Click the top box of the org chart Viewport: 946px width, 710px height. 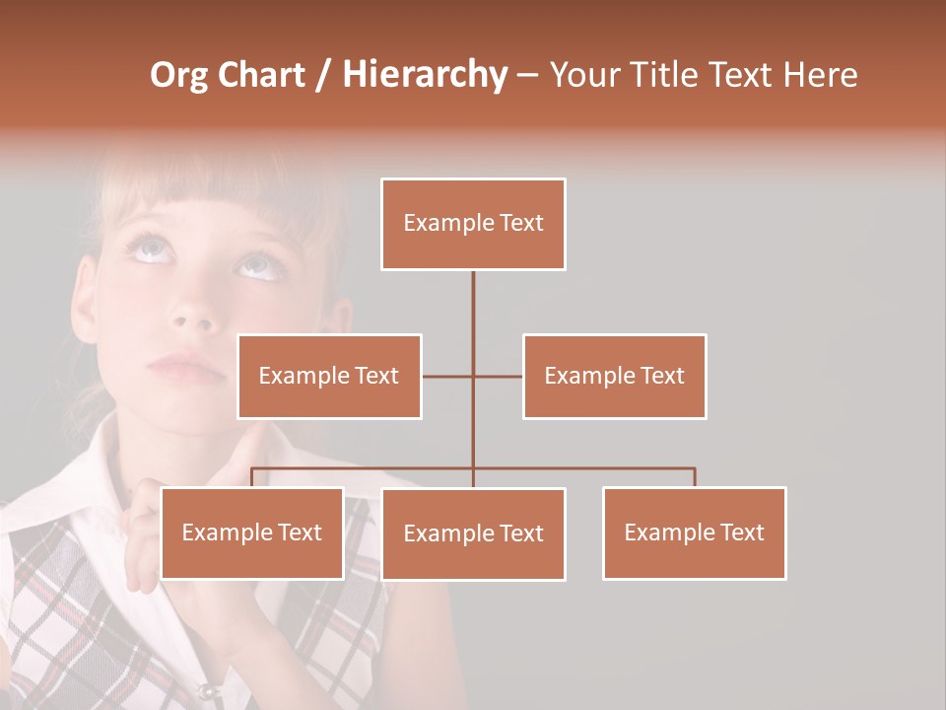473,224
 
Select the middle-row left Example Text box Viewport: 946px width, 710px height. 329,376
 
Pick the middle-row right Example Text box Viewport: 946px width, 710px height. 614,376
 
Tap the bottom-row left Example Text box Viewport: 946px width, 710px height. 252,532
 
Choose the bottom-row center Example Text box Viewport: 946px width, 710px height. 473,533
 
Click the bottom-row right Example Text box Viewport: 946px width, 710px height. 694,532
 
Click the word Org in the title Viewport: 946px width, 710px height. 178,75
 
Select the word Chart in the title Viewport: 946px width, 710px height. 261,75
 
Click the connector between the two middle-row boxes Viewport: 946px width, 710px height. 473,376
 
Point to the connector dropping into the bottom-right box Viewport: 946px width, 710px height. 695,477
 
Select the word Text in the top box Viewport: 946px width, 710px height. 520,223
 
